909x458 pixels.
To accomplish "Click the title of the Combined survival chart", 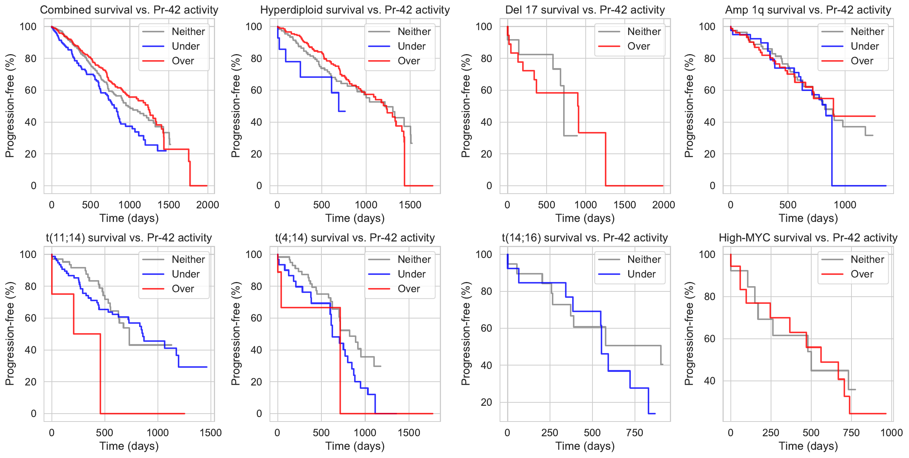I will pos(129,10).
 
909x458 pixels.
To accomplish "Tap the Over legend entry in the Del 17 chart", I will pos(638,46).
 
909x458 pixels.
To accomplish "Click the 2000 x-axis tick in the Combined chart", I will pos(208,205).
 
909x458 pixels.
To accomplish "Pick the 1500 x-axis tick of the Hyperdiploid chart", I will pos(410,205).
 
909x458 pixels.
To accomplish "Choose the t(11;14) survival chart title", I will pos(129,238).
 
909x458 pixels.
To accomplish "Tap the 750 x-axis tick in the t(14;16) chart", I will pos(635,433).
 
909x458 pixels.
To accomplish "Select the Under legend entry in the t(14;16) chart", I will pos(641,274).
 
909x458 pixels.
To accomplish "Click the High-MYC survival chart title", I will pos(808,238).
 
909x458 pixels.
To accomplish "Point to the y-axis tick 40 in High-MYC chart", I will pos(709,381).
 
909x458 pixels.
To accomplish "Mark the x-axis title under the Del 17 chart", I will pos(585,218).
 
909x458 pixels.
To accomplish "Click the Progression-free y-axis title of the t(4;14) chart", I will pos(236,334).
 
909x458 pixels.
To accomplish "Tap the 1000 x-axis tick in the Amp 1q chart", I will pos(845,205).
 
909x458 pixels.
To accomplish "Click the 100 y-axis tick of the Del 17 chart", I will pos(483,27).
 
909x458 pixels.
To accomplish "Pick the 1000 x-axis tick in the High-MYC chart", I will pos(891,433).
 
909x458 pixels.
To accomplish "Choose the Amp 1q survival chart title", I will pos(808,10).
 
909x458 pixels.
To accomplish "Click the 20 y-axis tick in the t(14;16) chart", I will pos(486,402).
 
